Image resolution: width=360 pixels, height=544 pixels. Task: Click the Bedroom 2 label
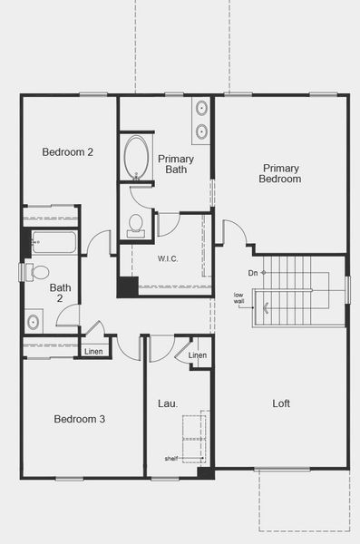pos(68,151)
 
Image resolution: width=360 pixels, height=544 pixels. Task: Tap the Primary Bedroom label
pos(282,173)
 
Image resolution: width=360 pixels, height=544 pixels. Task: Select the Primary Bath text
pos(176,164)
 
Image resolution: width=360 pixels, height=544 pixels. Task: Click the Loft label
pos(281,404)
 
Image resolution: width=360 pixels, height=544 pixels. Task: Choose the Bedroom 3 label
pos(79,419)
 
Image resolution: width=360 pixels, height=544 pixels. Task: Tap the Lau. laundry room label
pos(167,403)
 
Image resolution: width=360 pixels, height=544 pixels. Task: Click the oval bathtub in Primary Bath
pos(139,155)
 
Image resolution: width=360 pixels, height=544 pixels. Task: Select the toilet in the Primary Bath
pos(137,223)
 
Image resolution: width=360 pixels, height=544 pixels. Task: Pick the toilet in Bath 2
pos(38,271)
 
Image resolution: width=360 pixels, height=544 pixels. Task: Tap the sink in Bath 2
pos(34,320)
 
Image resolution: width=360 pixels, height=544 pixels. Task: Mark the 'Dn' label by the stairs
pos(252,272)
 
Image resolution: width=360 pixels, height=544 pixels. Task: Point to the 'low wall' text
pos(239,298)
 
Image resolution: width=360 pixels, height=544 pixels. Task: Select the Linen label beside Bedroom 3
pos(93,351)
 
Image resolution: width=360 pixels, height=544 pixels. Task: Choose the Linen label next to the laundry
pos(198,355)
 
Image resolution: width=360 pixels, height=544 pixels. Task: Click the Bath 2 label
pos(59,293)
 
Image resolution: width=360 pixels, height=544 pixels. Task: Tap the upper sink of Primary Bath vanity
pos(201,109)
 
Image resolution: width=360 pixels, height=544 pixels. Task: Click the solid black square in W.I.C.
pos(127,286)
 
